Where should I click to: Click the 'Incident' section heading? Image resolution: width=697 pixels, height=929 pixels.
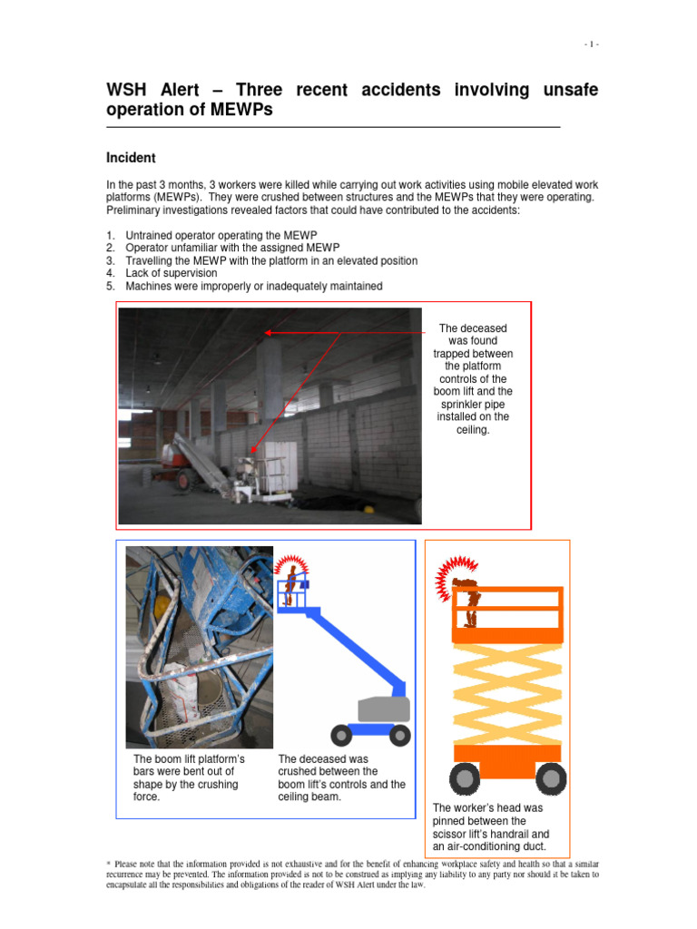point(132,158)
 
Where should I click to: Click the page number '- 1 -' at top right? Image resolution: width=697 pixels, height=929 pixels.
point(591,44)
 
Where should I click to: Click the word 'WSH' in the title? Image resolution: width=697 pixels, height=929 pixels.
point(129,90)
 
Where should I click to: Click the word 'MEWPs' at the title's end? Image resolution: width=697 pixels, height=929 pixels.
point(241,111)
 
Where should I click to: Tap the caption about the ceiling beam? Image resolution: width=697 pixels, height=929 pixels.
point(341,777)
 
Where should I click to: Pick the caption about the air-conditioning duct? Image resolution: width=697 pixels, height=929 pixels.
point(491,827)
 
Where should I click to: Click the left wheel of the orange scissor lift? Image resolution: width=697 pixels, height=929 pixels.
point(462,778)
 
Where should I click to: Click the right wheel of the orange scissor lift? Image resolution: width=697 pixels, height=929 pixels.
point(551,778)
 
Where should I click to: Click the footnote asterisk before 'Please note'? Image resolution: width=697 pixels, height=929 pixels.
point(109,864)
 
